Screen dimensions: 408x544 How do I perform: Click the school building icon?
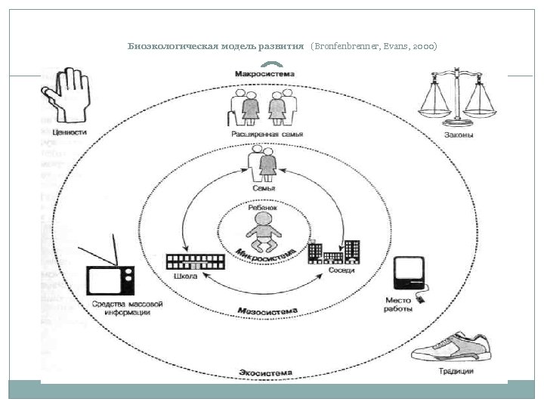(x=196, y=261)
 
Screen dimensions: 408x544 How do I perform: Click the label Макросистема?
(x=264, y=74)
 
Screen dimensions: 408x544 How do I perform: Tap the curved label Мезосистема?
(x=267, y=311)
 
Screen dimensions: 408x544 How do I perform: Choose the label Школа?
(x=185, y=277)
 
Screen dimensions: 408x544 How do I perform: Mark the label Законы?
(x=459, y=135)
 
